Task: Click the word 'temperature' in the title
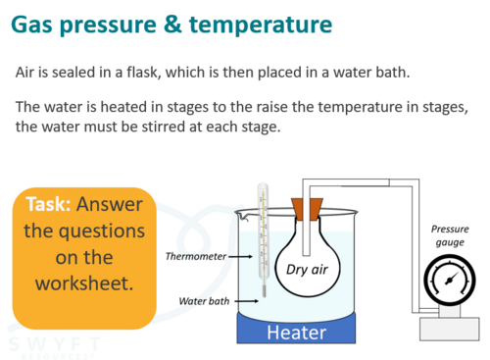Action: point(261,26)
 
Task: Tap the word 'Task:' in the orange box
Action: point(48,204)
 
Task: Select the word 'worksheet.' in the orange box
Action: point(84,283)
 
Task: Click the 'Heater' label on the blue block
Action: point(297,333)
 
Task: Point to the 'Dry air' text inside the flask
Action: point(307,270)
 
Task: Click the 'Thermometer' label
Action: point(196,256)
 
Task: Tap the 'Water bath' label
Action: point(204,301)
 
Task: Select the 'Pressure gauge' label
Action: point(450,235)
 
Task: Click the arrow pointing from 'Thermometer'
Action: point(240,257)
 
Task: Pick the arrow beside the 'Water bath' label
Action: point(246,301)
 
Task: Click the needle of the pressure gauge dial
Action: point(452,279)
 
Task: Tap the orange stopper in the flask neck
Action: point(307,209)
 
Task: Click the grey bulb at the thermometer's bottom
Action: point(264,291)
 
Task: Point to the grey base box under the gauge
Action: point(450,329)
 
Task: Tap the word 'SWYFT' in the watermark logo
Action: point(55,344)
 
